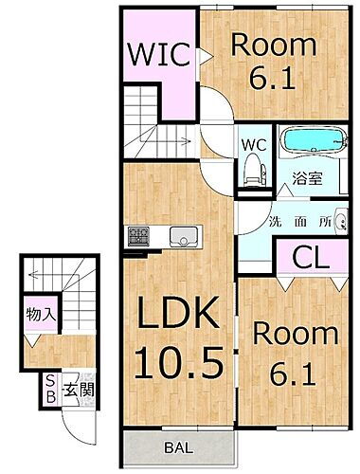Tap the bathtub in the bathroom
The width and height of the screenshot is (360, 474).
(x=310, y=141)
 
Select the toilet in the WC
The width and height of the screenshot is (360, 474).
(x=251, y=172)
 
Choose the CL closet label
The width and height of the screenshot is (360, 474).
(x=308, y=257)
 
